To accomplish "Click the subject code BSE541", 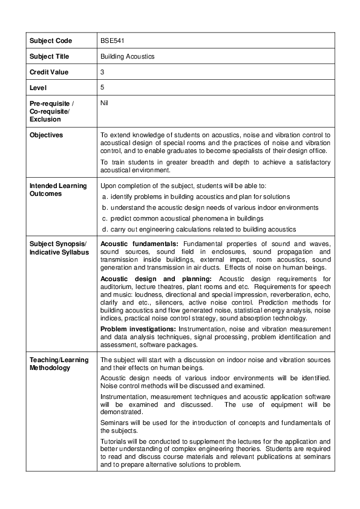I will pos(112,41).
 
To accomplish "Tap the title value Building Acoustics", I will pos(127,56).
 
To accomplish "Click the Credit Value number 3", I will pos(102,72).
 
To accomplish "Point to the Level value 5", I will pos(102,88).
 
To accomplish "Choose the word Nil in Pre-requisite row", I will pos(104,103).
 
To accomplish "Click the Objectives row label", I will pos(46,135).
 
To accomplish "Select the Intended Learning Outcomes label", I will pos(58,189).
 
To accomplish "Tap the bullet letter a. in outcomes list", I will pos(105,197).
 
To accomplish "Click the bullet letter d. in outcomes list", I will pos(105,229).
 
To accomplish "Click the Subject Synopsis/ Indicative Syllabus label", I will pos(58,247).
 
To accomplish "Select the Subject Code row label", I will pos(50,41).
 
